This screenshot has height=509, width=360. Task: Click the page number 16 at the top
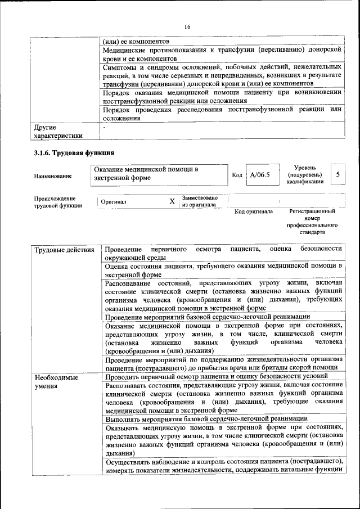pyautogui.click(x=187, y=27)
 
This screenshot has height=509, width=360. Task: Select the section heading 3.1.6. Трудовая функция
pyautogui.click(x=74, y=153)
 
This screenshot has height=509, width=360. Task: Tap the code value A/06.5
pyautogui.click(x=260, y=175)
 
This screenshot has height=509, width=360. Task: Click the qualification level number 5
pyautogui.click(x=337, y=174)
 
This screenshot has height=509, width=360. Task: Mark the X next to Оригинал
pyautogui.click(x=172, y=201)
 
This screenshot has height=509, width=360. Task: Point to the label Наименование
pyautogui.click(x=53, y=176)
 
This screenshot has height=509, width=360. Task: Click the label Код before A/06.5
pyautogui.click(x=237, y=175)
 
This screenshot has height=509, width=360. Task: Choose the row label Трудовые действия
pyautogui.click(x=64, y=249)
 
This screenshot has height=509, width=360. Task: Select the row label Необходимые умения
pyautogui.click(x=56, y=382)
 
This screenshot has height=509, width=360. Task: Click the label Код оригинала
pyautogui.click(x=254, y=211)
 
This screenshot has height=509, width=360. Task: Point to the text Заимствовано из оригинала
pyautogui.click(x=199, y=201)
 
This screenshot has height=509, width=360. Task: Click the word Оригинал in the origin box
pyautogui.click(x=114, y=201)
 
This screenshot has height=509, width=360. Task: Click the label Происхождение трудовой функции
pyautogui.click(x=58, y=202)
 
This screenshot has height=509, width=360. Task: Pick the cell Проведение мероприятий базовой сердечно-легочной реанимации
pyautogui.click(x=207, y=317)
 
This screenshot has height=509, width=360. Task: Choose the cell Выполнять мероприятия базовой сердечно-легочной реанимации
pyautogui.click(x=206, y=418)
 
